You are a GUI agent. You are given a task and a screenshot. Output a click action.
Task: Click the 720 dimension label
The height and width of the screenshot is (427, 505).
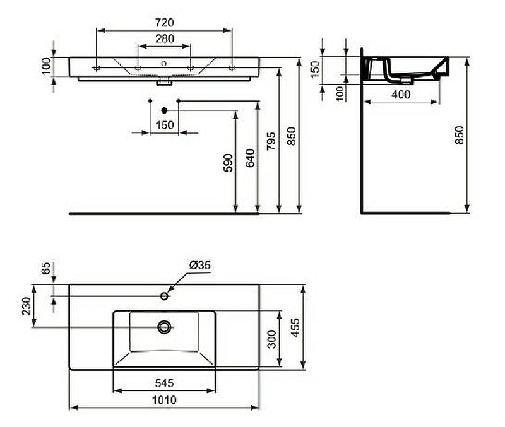click(x=163, y=22)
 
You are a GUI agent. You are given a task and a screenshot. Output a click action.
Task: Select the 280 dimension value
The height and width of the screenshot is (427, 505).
click(x=164, y=39)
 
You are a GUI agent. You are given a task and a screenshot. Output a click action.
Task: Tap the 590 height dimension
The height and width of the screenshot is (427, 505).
click(x=229, y=162)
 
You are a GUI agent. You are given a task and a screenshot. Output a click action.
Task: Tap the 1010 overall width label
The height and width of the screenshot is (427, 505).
click(x=164, y=400)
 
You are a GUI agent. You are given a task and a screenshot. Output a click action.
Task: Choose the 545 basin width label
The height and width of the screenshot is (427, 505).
click(x=164, y=383)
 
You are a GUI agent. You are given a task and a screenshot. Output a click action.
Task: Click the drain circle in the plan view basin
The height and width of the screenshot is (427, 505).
click(x=165, y=327)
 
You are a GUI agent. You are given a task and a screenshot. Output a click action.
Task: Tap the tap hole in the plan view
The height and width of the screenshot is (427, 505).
click(x=165, y=296)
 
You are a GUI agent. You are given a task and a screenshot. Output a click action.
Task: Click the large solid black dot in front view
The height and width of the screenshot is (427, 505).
click(x=164, y=110)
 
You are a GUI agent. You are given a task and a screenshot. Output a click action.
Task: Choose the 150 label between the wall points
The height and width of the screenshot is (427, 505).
click(x=164, y=125)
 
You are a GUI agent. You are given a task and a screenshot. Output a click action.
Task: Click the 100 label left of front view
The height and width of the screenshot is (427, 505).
click(x=45, y=66)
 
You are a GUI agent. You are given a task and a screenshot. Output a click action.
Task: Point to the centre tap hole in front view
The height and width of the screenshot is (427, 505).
click(x=164, y=63)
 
